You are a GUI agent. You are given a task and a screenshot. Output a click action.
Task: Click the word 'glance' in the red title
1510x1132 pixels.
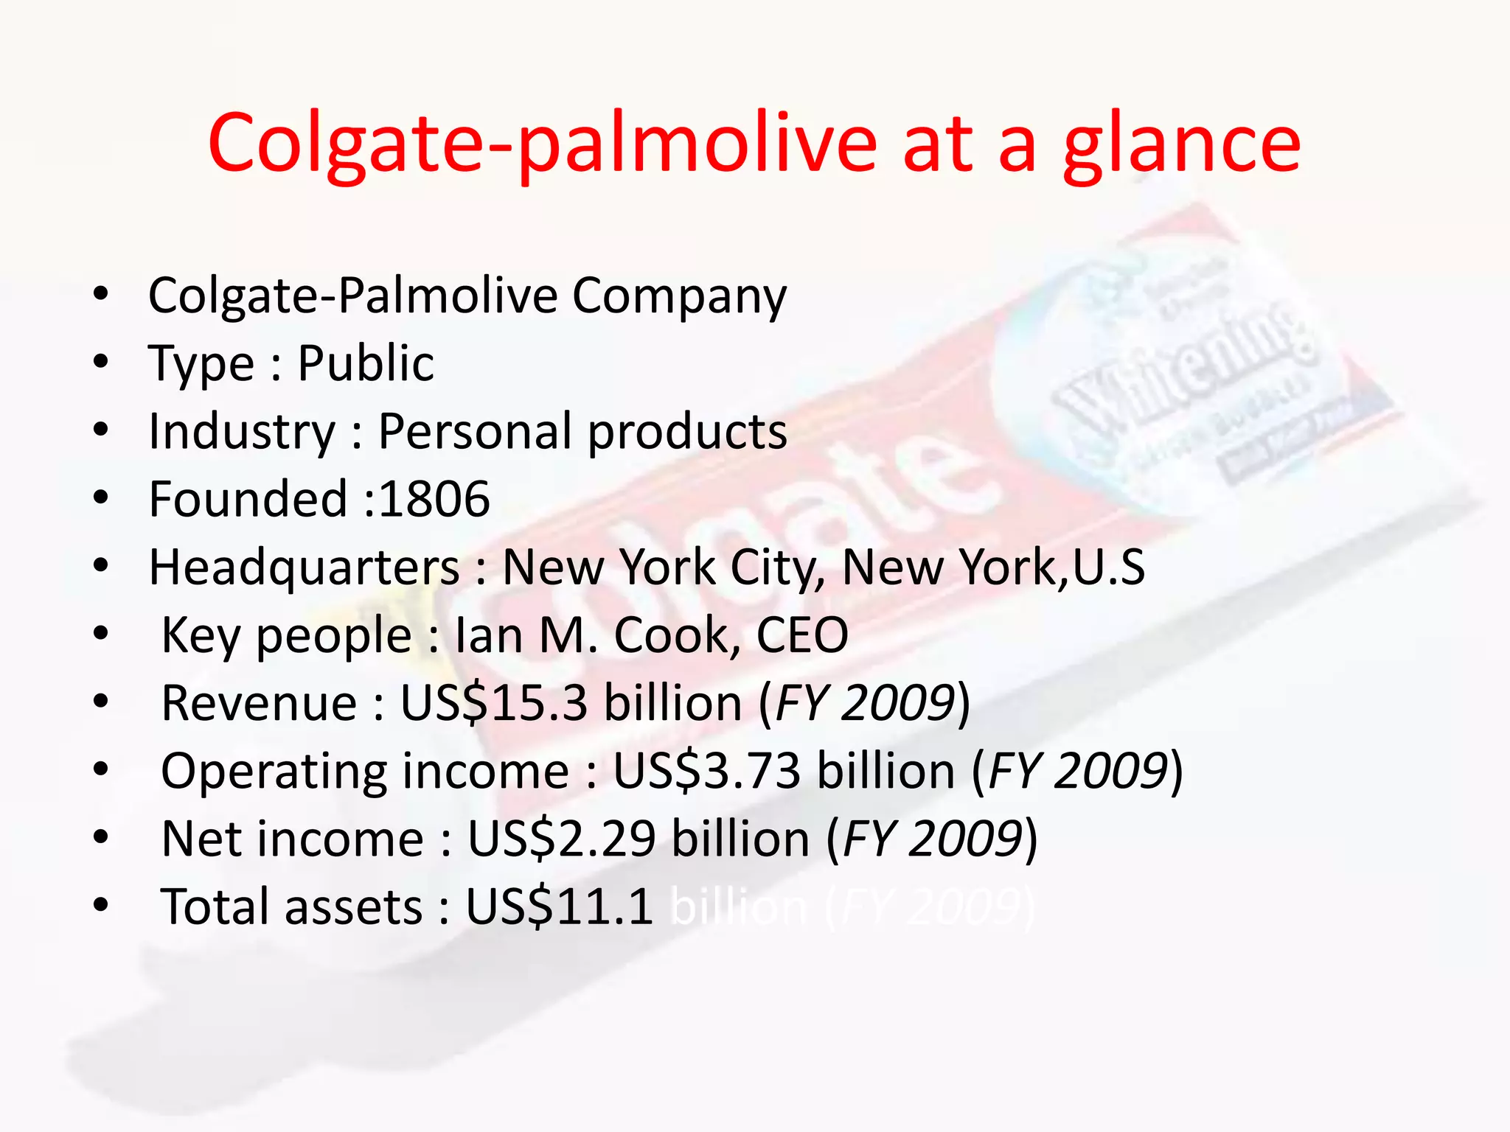[x=1181, y=144]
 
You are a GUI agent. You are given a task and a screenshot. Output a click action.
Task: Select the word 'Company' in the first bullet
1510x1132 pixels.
[x=679, y=296]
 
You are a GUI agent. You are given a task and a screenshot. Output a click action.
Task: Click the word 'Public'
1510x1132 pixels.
[x=366, y=363]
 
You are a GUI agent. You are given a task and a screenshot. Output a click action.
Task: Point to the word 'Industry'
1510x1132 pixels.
[x=242, y=432]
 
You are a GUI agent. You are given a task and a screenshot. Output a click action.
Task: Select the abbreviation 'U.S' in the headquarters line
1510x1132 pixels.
[x=1109, y=567]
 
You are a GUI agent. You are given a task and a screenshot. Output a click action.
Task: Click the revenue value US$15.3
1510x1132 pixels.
[x=494, y=703]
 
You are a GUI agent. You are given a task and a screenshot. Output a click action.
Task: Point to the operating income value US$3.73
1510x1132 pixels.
[x=707, y=771]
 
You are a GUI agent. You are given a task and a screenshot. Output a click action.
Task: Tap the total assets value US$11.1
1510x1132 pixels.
[x=560, y=906]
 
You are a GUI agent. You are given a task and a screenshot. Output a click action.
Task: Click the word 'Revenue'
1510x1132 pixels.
[x=259, y=703]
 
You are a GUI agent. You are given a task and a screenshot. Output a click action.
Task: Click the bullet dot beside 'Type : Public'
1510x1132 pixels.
[x=101, y=363]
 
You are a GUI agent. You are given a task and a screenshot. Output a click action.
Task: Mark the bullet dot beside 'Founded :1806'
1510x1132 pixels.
[x=101, y=498]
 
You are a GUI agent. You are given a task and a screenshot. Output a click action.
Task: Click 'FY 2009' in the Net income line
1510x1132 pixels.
[x=931, y=839]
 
